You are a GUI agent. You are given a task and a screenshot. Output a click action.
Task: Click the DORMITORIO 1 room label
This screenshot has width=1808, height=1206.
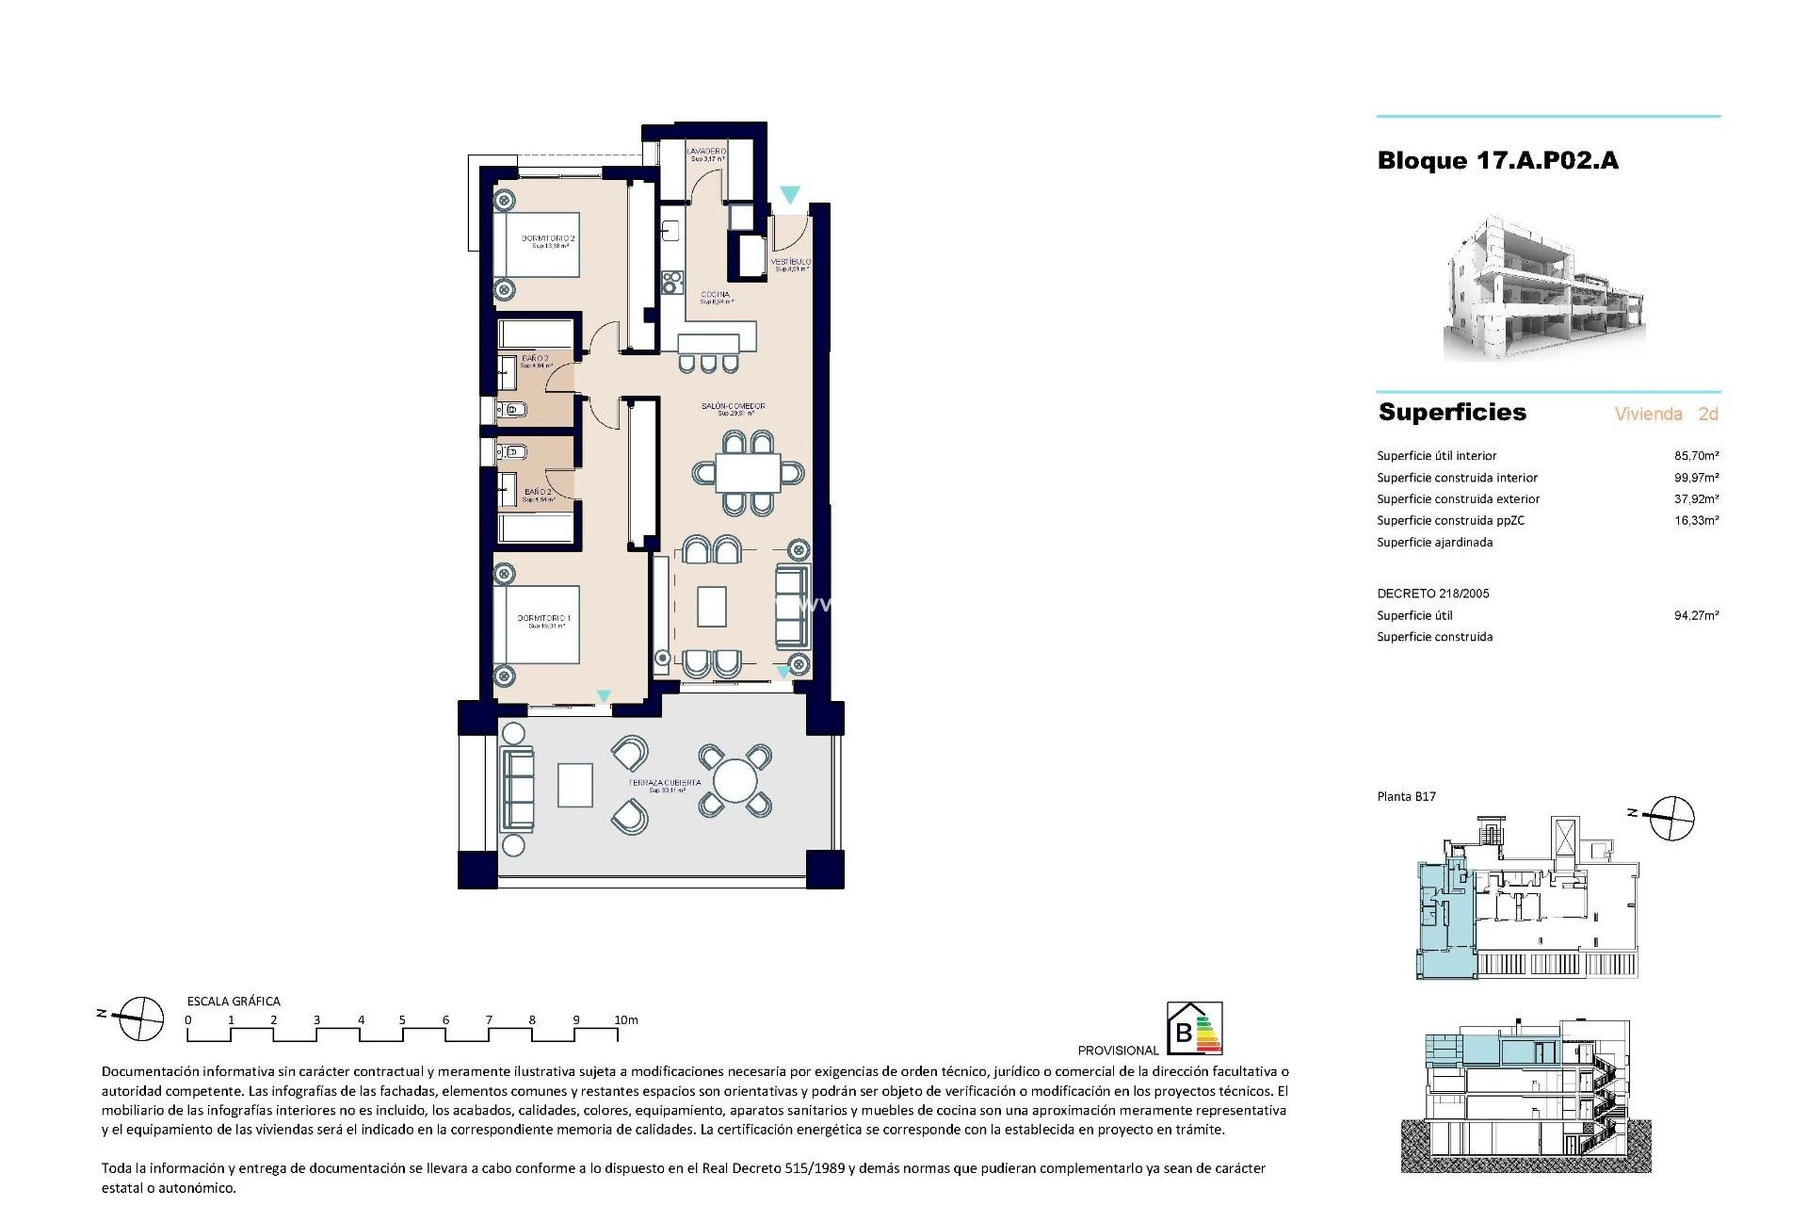(544, 619)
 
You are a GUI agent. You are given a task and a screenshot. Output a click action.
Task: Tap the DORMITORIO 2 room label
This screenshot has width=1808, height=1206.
(548, 239)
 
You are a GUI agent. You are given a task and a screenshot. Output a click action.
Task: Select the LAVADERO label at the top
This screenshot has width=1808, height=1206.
(706, 152)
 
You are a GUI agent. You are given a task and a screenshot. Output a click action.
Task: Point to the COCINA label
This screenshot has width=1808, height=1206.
(716, 296)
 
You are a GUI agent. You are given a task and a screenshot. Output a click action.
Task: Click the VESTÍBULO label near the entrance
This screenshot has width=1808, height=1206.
(791, 262)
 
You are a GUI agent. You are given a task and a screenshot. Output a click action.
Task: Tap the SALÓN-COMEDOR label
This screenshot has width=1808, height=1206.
(734, 407)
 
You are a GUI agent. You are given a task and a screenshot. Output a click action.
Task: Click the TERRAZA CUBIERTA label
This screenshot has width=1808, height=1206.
(666, 783)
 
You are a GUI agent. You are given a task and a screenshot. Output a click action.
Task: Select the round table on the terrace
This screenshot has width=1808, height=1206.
(735, 781)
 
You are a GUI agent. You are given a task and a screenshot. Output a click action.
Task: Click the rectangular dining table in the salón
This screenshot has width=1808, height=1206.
(749, 473)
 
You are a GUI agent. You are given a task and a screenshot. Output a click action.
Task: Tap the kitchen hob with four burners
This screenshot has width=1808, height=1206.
(672, 281)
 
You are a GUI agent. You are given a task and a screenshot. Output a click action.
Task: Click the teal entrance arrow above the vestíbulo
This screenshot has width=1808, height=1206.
(790, 195)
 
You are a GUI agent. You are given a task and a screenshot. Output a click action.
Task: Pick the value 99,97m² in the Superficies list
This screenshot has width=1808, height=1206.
(1696, 478)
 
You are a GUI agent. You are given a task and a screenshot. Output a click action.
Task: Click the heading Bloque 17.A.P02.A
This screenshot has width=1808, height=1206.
(1497, 161)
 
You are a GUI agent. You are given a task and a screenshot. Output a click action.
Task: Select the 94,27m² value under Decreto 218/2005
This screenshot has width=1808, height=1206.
(1696, 615)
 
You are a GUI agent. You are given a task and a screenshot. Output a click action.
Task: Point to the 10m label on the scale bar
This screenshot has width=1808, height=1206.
(626, 1019)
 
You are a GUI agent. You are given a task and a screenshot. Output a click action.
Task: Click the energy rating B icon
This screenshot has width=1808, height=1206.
(1194, 1028)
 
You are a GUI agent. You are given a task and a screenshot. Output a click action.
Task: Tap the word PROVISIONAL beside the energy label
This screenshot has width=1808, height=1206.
(1118, 1050)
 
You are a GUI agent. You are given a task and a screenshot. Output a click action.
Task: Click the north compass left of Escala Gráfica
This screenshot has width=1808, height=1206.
(140, 1019)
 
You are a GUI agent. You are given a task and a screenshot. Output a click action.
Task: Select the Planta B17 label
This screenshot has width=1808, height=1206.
(1406, 796)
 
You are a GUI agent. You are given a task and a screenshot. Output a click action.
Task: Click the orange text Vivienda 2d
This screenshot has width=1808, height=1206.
(1666, 414)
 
